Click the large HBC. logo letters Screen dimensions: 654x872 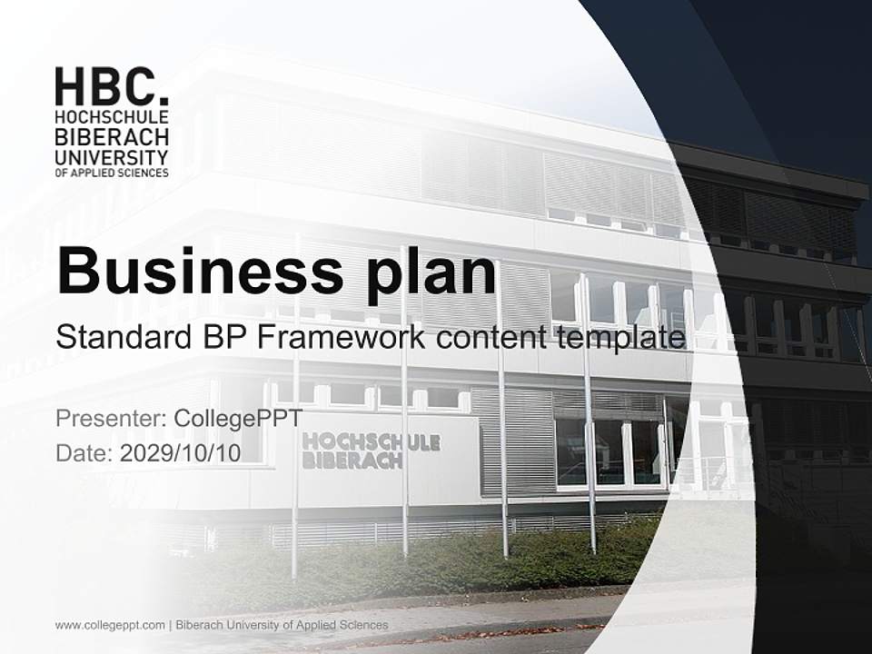click(x=111, y=87)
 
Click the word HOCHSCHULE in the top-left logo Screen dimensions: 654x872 click(x=112, y=118)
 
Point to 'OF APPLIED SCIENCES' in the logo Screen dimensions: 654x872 click(x=112, y=173)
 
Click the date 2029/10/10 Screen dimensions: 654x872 click(x=180, y=453)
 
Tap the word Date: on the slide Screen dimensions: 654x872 click(x=84, y=453)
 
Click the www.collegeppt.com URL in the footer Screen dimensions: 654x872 click(x=110, y=625)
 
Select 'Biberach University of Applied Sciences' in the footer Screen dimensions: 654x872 click(x=282, y=625)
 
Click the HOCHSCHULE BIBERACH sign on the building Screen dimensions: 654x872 click(x=371, y=451)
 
